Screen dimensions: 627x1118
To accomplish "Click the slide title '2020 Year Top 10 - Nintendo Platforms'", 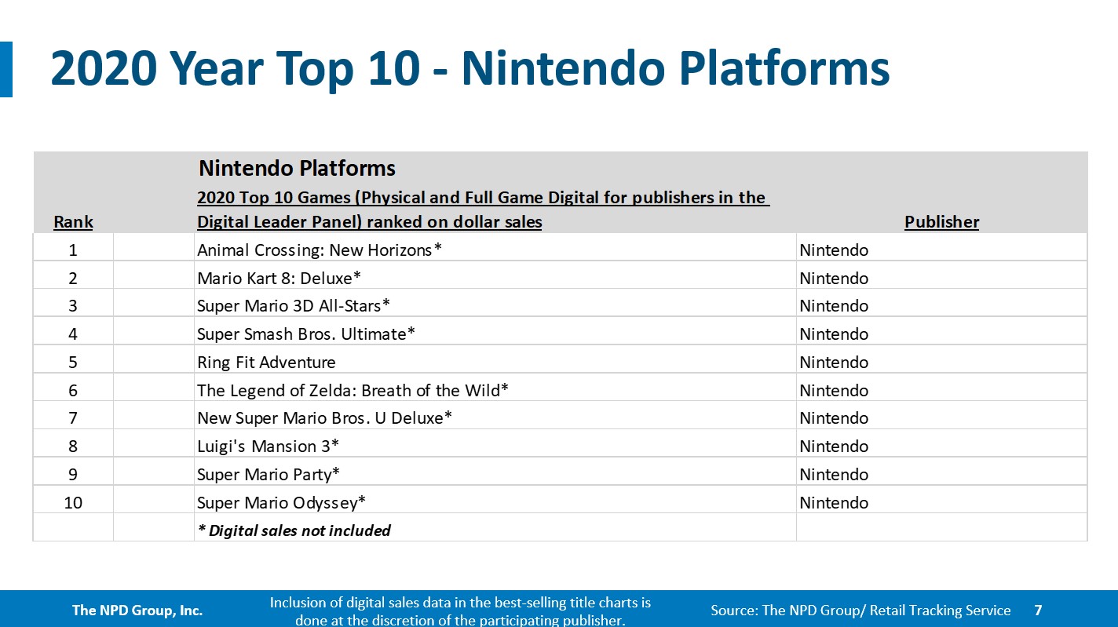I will coord(469,69).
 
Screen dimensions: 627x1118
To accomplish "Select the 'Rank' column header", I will coord(73,222).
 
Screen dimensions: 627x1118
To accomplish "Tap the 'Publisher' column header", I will coord(941,222).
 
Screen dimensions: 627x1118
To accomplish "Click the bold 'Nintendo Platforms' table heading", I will coord(297,168).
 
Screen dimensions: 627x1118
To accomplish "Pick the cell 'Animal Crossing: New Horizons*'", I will coord(320,250).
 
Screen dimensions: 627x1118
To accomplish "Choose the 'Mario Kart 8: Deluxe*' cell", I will coord(279,279).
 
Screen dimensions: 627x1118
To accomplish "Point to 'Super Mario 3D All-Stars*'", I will coord(294,306).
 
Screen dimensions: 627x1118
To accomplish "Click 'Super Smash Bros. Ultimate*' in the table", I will coord(306,334).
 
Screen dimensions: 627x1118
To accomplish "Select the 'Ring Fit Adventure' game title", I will coord(266,363).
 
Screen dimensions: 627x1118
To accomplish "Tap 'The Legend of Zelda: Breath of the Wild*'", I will coord(353,390).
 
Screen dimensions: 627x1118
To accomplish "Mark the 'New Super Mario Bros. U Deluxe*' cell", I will coord(324,418).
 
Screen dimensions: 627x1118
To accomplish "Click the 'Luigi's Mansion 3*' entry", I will coord(268,447).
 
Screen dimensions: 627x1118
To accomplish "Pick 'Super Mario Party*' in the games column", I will coord(269,475).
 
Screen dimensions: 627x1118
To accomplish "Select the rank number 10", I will coord(73,503).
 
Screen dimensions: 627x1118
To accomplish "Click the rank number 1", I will coord(73,250).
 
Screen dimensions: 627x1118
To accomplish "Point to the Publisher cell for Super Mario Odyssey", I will coord(834,503).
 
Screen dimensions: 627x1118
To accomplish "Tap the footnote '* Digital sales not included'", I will coord(294,530).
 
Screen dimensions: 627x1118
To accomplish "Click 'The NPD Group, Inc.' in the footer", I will coord(137,610).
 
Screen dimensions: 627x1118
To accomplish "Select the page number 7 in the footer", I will coord(1038,610).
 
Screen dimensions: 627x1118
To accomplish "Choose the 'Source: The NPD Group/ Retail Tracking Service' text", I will coord(860,610).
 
